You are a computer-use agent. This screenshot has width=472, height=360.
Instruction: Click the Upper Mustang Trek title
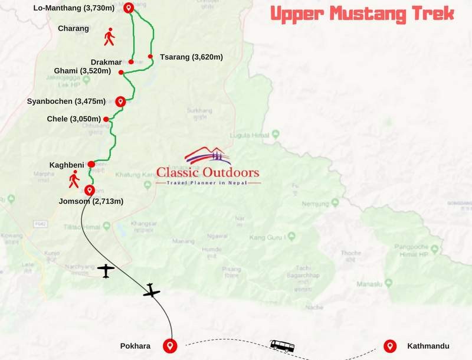(x=362, y=13)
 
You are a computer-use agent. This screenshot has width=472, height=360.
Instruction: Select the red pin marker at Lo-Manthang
(x=129, y=8)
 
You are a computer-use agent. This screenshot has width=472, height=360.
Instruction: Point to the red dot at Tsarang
(x=150, y=57)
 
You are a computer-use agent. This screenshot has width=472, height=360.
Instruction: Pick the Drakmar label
(x=106, y=62)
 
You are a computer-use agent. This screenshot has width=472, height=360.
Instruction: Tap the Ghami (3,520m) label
(x=80, y=71)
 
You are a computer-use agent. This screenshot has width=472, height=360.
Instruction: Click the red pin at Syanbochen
(x=120, y=101)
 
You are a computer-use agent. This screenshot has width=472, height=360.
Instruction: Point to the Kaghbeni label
(x=67, y=163)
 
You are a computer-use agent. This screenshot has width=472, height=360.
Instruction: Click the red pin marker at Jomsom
(x=89, y=190)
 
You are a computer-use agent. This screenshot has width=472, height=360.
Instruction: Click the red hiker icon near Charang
(x=109, y=37)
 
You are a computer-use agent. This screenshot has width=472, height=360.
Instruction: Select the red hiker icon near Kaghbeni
(x=74, y=179)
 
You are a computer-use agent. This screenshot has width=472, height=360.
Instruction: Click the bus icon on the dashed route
(x=282, y=345)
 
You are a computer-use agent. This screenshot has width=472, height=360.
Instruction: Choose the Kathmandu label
(x=428, y=346)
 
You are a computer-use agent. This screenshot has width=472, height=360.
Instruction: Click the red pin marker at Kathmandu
(x=389, y=345)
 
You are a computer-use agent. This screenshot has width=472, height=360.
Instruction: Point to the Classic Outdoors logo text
(x=208, y=173)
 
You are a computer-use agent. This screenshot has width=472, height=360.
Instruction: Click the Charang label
(x=74, y=28)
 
